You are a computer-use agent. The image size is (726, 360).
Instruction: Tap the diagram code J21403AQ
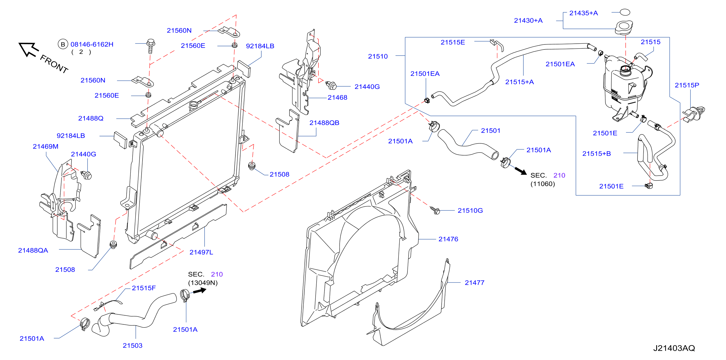(x=674, y=348)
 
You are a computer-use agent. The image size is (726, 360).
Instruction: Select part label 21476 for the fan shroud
(x=448, y=239)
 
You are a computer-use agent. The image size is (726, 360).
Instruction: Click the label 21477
(x=474, y=283)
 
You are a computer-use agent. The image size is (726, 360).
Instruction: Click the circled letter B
(x=63, y=44)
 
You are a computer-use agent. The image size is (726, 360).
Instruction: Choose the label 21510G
(x=470, y=211)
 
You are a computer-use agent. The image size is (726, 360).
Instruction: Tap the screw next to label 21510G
(x=435, y=210)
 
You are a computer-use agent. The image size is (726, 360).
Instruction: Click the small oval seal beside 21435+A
(x=625, y=12)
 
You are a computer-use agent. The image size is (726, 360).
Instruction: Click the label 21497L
(x=201, y=252)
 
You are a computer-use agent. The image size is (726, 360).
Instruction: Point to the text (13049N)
(x=203, y=283)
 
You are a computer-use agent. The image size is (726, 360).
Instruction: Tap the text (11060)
(x=543, y=184)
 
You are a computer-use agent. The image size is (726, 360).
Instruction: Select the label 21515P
(x=687, y=85)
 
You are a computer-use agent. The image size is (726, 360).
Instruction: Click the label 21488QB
(x=324, y=123)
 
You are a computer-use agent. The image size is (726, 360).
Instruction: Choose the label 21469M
(x=45, y=147)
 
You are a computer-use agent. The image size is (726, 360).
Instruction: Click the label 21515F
(x=144, y=288)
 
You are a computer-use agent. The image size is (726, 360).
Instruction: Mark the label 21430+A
(x=528, y=21)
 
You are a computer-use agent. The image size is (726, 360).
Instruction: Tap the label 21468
(x=337, y=98)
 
